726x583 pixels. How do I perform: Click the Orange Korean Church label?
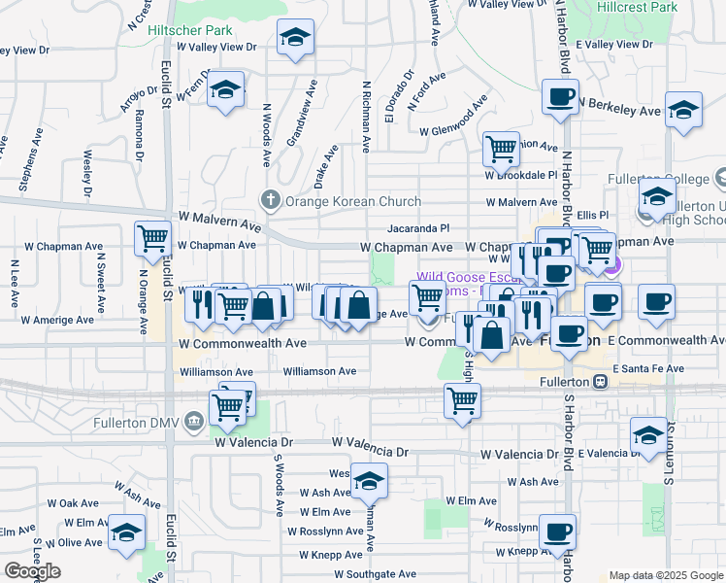tap(353, 201)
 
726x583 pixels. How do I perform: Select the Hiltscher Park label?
tap(185, 30)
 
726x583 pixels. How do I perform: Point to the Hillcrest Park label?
tap(637, 7)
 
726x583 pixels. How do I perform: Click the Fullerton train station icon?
tap(601, 383)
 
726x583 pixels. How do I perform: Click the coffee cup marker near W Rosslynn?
tap(557, 532)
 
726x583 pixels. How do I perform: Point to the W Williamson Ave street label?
tap(319, 371)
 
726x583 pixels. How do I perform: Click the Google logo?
tap(32, 571)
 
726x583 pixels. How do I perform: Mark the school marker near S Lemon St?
tap(648, 434)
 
